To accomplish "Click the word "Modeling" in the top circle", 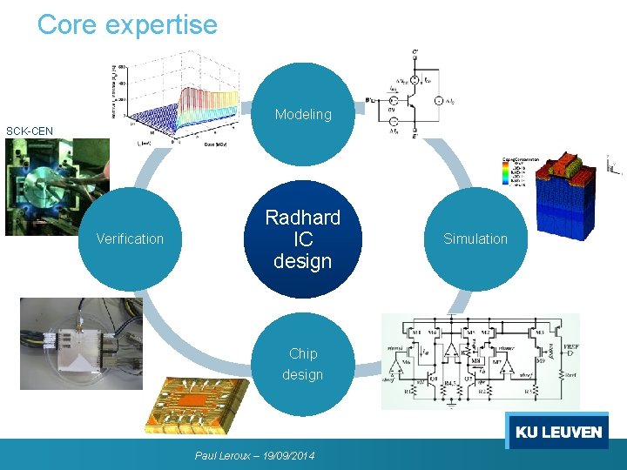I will (303, 114).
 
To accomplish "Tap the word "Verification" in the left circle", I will (130, 238).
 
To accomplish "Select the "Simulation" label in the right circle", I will (475, 238).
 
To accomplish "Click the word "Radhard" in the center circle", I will (302, 218).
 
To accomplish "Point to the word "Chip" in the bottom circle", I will (303, 353).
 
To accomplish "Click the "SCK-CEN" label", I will (30, 131).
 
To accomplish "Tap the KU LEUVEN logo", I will (558, 432).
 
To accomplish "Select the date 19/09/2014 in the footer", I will (287, 455).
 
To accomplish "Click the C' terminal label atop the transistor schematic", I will (415, 54).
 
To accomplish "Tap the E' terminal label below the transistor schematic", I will (415, 135).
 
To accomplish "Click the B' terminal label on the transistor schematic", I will (370, 99).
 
